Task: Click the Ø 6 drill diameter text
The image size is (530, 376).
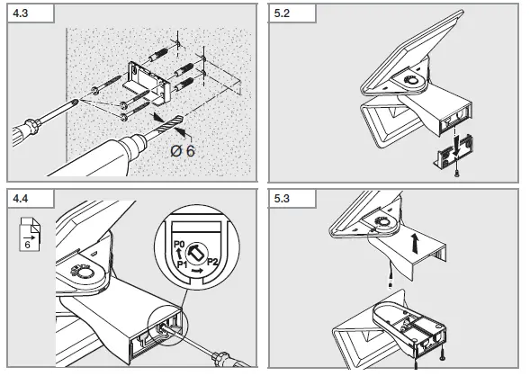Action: (x=183, y=150)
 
